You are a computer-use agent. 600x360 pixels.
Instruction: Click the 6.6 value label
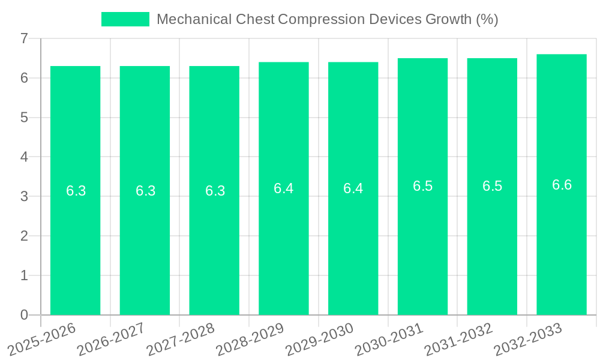point(562,185)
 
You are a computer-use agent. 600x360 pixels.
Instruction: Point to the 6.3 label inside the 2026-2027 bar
point(145,191)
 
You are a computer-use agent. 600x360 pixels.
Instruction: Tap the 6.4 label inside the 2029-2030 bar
point(353,188)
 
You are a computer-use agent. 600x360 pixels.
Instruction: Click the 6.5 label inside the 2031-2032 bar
point(492,186)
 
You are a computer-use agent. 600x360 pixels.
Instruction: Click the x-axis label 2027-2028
point(182,340)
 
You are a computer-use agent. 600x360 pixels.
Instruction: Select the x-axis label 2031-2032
point(460,340)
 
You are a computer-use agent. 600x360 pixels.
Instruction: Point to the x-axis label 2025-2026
point(43,340)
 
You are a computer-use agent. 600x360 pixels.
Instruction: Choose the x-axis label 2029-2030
point(320,340)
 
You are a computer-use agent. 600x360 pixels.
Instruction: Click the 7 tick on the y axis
point(24,38)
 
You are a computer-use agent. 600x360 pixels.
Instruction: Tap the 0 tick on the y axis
point(24,315)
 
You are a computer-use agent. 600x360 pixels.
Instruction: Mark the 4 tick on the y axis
point(24,157)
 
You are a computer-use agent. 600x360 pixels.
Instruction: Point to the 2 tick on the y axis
point(24,236)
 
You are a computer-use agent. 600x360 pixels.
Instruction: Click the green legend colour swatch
point(125,19)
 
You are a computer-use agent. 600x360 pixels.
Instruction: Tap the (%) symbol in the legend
point(487,19)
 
